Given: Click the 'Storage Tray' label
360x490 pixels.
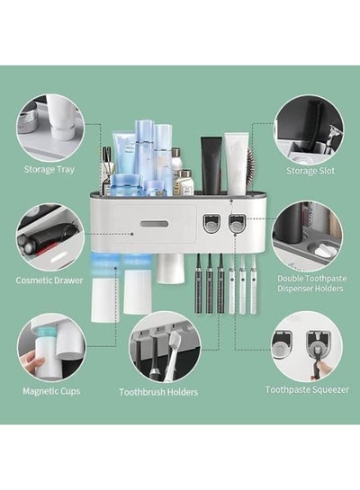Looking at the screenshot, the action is [x=49, y=170].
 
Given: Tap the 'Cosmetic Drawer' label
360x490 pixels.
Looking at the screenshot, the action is [x=49, y=281].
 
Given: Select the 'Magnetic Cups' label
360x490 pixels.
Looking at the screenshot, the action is [x=51, y=391].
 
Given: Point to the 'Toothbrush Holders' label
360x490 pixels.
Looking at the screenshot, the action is [x=158, y=392].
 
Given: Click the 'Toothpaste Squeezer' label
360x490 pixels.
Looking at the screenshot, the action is [x=307, y=390].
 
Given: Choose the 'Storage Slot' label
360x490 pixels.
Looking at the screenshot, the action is [x=310, y=171].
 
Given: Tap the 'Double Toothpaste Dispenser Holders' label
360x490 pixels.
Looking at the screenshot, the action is [x=311, y=283].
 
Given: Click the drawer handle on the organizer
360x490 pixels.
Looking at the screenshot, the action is [x=154, y=224].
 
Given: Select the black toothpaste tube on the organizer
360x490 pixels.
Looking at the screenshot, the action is [x=211, y=165].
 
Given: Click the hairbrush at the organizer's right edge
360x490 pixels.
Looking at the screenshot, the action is [x=250, y=168].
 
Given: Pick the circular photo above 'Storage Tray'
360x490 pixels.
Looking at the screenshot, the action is [x=50, y=128].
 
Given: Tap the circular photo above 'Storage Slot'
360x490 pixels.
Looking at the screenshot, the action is [x=309, y=129].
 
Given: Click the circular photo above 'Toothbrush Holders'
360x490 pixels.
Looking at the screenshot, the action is [x=165, y=348].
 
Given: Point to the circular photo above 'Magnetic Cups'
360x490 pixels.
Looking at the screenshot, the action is [x=51, y=348].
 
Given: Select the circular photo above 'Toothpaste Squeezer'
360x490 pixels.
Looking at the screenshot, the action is [x=307, y=346].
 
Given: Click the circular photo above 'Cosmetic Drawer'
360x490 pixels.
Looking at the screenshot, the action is [x=50, y=237].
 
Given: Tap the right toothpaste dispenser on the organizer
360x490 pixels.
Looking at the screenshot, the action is [x=237, y=223].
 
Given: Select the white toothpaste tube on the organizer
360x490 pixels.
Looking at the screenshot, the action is [x=236, y=163].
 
